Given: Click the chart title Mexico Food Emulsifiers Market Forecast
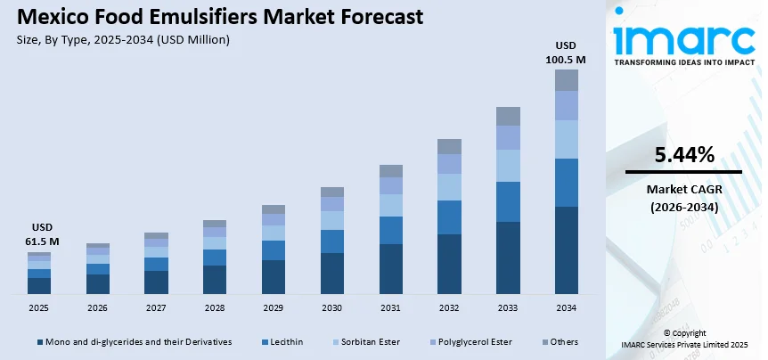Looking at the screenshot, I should pos(214,18).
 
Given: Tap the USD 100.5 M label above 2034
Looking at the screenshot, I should pos(567,53).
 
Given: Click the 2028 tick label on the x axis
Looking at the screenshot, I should pos(215,307).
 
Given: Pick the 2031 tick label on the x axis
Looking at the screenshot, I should pos(390,307).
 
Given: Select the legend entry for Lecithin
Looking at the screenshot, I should pos(282,341).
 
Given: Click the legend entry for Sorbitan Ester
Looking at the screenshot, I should pos(365,341).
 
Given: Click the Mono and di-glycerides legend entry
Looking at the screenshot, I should pos(134,341).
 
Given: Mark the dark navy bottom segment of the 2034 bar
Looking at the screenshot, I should pos(567,250).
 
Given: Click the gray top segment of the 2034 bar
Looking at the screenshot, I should pos(567,80).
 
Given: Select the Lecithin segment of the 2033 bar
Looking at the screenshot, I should pos(508,201).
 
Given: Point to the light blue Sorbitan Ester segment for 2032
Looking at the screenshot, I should pos(449,187).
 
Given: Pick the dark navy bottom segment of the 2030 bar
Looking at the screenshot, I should pos(331,274).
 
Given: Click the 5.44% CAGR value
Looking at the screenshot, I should pos(683,155).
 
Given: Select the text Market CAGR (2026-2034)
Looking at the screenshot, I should pos(683,198).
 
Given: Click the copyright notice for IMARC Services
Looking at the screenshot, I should pos(684,339).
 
